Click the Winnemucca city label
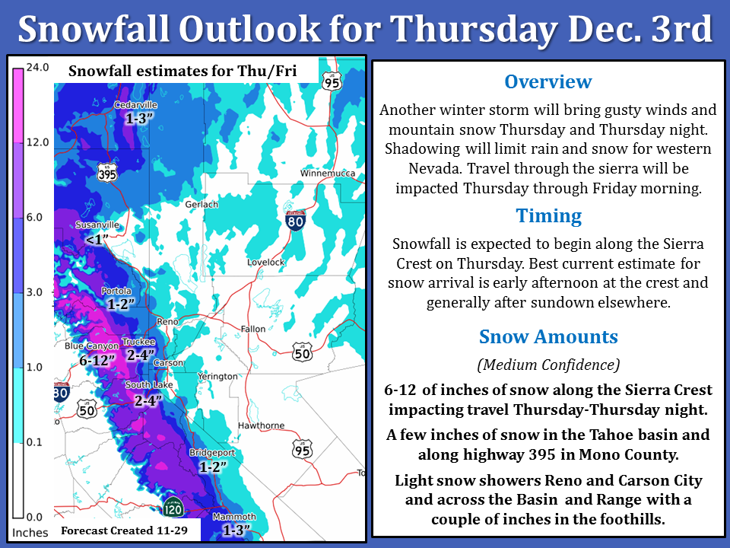[327, 174]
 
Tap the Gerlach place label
[202, 204]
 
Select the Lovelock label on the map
[266, 263]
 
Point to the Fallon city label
[252, 329]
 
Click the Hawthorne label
[261, 425]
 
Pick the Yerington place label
[217, 377]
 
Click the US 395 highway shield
[107, 174]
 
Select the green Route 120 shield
[173, 508]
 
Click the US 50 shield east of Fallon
[302, 352]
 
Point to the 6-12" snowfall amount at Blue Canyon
[97, 360]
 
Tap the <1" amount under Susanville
[97, 240]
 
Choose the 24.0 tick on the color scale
[37, 67]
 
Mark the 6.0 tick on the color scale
[34, 217]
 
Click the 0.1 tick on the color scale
[34, 441]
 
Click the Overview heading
[548, 81]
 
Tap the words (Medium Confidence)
[548, 365]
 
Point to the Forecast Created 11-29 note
[124, 530]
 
